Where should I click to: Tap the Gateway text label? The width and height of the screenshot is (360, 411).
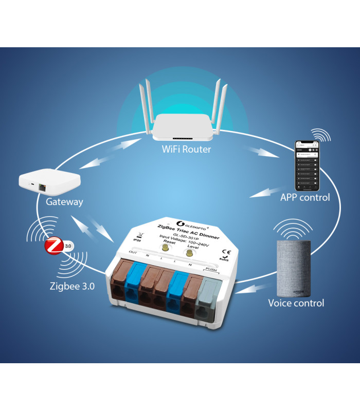click(x=64, y=202)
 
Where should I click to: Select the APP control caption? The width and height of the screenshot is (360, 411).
click(x=305, y=197)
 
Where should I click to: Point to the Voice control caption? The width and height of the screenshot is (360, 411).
click(x=296, y=303)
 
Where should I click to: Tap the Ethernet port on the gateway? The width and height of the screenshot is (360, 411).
click(x=43, y=188)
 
